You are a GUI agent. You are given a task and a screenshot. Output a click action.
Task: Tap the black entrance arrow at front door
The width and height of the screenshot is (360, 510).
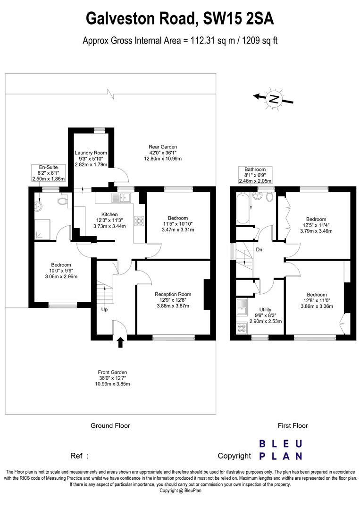click(120, 342)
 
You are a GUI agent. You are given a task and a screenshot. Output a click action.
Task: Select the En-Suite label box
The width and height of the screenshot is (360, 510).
click(42, 173)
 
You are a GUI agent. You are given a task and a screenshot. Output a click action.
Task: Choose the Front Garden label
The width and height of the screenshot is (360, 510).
click(112, 378)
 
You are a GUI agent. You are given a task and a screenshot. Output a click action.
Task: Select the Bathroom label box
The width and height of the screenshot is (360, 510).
click(255, 175)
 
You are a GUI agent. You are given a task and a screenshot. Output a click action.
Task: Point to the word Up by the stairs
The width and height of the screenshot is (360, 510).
click(104, 310)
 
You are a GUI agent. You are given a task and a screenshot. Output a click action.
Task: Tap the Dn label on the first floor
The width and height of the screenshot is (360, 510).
click(259, 250)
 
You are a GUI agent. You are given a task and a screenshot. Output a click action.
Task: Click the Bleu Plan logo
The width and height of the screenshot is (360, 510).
click(281, 450)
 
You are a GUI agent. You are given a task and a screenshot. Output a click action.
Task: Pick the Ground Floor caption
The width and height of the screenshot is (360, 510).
click(110, 425)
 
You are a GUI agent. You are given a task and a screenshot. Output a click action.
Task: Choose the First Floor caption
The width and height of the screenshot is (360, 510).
click(293, 425)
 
